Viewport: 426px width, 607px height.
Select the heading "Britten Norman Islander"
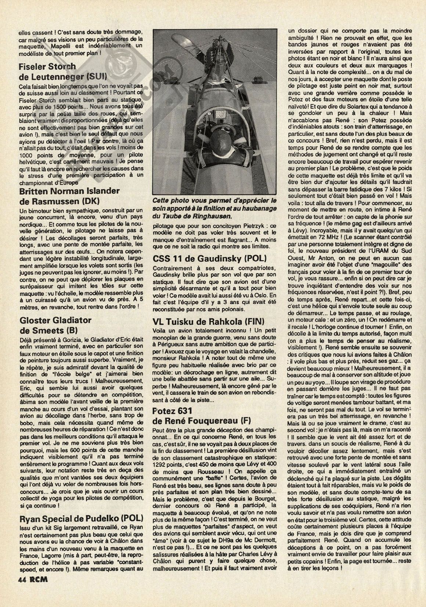point(69,191)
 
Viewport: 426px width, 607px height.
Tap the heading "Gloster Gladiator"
point(55,320)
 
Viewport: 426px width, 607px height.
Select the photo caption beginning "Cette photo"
point(215,209)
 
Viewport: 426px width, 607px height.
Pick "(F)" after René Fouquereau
point(244,422)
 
